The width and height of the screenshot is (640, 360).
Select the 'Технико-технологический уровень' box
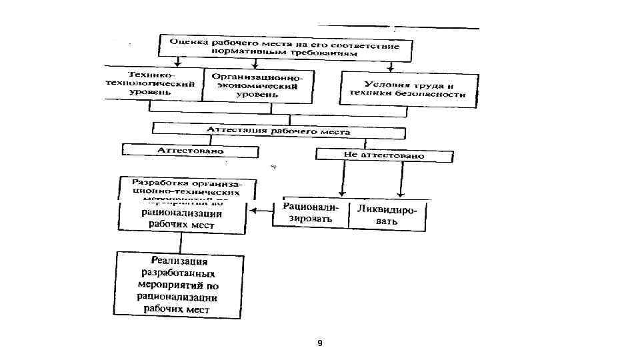click(x=153, y=83)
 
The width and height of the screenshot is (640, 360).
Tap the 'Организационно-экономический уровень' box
click(x=257, y=86)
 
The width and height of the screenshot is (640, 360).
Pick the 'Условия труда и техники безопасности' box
click(x=409, y=89)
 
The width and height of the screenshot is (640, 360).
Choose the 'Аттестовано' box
click(x=190, y=151)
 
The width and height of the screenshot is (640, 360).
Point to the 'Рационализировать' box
click(x=311, y=214)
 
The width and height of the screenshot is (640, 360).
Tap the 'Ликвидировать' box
click(x=387, y=215)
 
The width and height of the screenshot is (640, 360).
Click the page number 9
click(x=320, y=343)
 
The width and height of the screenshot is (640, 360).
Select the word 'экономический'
click(x=257, y=86)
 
